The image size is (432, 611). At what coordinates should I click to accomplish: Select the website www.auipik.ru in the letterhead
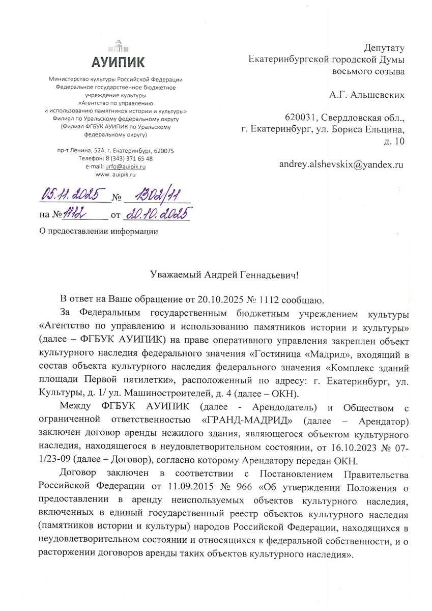point(118,174)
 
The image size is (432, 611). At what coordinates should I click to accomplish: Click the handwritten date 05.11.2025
point(73,195)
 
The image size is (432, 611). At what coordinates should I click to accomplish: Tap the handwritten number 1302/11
point(155,195)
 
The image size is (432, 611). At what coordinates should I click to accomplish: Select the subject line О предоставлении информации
point(99,232)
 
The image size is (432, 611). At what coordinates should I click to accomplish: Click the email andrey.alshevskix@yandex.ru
point(341,164)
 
